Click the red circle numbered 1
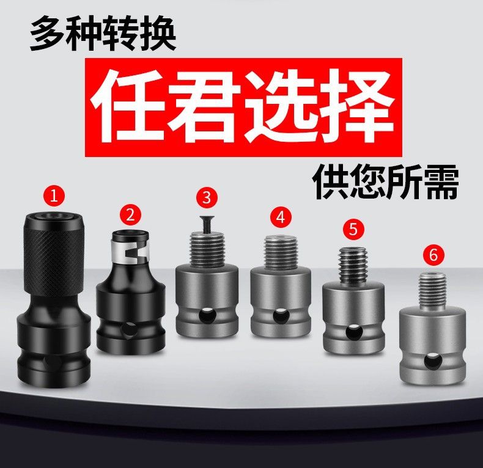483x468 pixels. coord(54,196)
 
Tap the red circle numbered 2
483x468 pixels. coord(131,214)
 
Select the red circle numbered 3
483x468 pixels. coord(207,197)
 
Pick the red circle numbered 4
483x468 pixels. coord(281,217)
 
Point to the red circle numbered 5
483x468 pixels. coord(353,229)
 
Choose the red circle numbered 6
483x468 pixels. coord(433,255)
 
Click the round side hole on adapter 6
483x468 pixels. coord(432,362)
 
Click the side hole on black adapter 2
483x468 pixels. coord(127,330)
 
